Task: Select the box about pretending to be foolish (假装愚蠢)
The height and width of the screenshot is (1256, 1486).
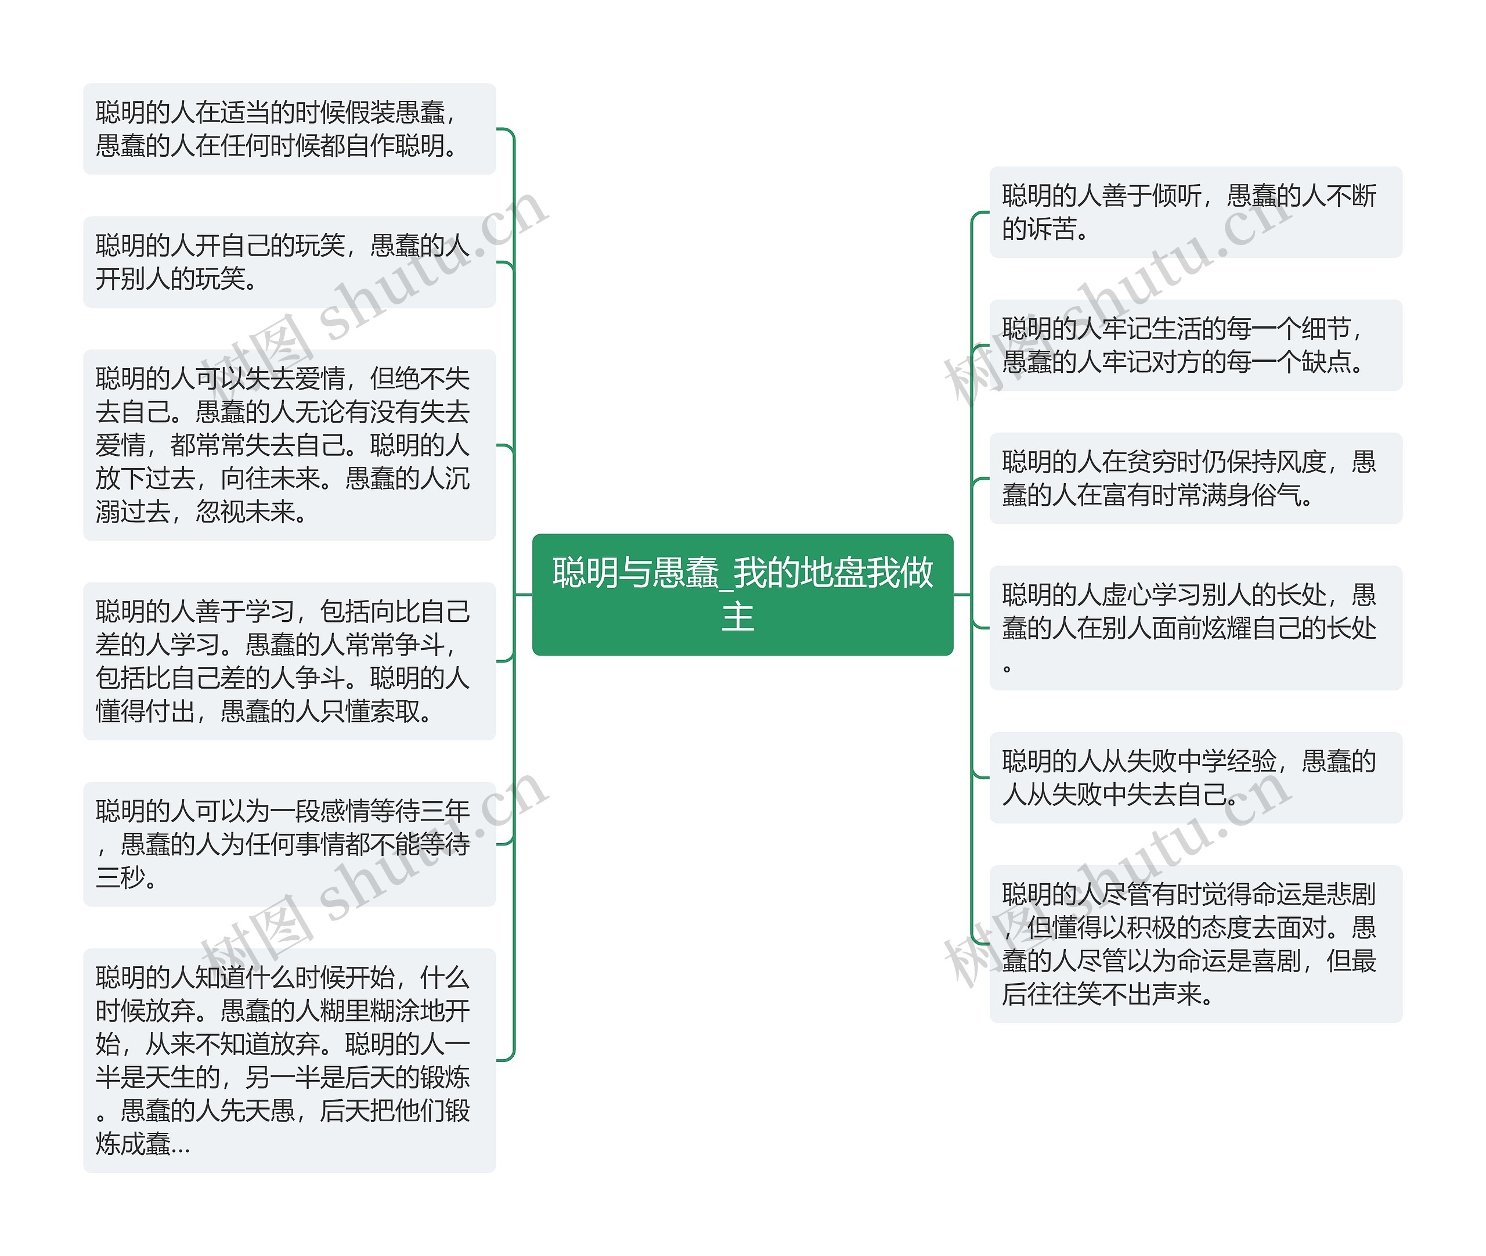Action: pyautogui.click(x=289, y=129)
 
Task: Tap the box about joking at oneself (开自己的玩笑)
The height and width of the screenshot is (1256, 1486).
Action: pyautogui.click(x=289, y=262)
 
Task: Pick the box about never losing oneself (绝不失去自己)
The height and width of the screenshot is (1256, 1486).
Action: pyautogui.click(x=289, y=445)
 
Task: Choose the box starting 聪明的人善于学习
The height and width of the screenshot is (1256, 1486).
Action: pyautogui.click(x=289, y=661)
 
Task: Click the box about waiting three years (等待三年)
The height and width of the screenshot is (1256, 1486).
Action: pyautogui.click(x=289, y=844)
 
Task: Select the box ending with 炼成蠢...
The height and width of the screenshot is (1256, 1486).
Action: pyautogui.click(x=289, y=1060)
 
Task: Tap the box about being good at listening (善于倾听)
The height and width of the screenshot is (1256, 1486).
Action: pyautogui.click(x=1196, y=212)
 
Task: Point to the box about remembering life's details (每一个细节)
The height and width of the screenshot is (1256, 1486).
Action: pyautogui.click(x=1196, y=346)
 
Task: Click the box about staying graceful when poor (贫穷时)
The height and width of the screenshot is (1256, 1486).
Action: pyautogui.click(x=1196, y=478)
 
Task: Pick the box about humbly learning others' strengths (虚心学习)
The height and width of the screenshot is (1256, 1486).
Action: pyautogui.click(x=1196, y=628)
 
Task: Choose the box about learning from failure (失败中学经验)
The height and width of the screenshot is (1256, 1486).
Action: pyautogui.click(x=1196, y=778)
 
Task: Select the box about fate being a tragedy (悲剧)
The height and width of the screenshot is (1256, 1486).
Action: pyautogui.click(x=1196, y=944)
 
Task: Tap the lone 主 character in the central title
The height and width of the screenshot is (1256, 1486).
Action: pyautogui.click(x=738, y=617)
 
